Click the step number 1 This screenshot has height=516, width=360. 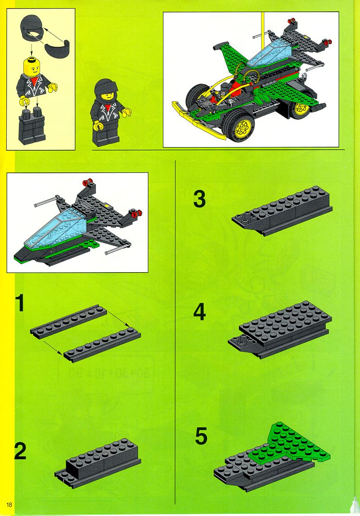point(20,303)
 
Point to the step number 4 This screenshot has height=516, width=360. point(199,312)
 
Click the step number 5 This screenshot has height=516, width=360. point(201,436)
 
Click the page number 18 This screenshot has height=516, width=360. point(9,504)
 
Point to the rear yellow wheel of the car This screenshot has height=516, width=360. point(302,108)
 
